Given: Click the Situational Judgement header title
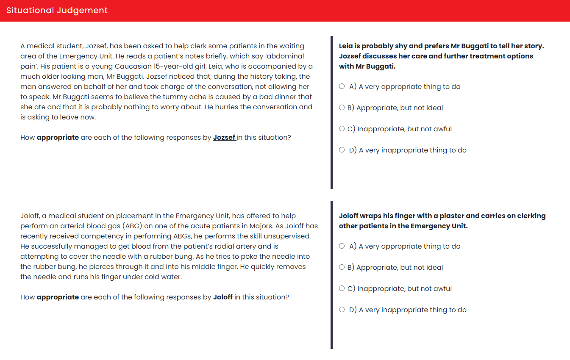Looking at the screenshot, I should [57, 10].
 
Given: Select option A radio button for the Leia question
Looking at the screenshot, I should [342, 86].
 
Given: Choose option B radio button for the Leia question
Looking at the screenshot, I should [342, 108].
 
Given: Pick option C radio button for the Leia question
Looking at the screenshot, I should [342, 129].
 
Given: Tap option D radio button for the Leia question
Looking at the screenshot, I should [342, 150].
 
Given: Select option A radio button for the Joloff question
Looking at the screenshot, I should [342, 246].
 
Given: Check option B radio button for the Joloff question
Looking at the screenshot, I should [342, 267].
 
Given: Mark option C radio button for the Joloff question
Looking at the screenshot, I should [342, 288].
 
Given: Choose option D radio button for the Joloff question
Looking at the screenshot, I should [342, 310].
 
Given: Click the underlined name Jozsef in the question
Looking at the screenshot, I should [224, 137].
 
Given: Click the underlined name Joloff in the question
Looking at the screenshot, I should [222, 297].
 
